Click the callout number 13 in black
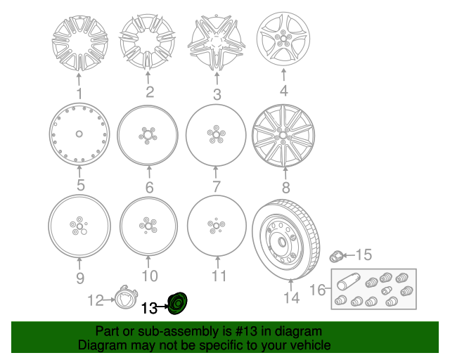(x=149, y=309)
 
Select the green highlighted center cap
(x=177, y=303)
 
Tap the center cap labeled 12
(x=126, y=297)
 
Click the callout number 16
(x=317, y=290)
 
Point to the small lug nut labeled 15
(x=336, y=256)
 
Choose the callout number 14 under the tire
(x=292, y=297)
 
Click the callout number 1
(x=79, y=94)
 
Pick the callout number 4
(x=283, y=91)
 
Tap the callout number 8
(x=285, y=187)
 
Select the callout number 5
(x=81, y=185)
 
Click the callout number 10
(x=150, y=276)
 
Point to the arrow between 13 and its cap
(x=162, y=307)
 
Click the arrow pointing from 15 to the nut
(x=349, y=255)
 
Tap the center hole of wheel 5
(x=79, y=134)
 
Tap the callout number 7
(x=217, y=186)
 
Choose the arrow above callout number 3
(x=217, y=78)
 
